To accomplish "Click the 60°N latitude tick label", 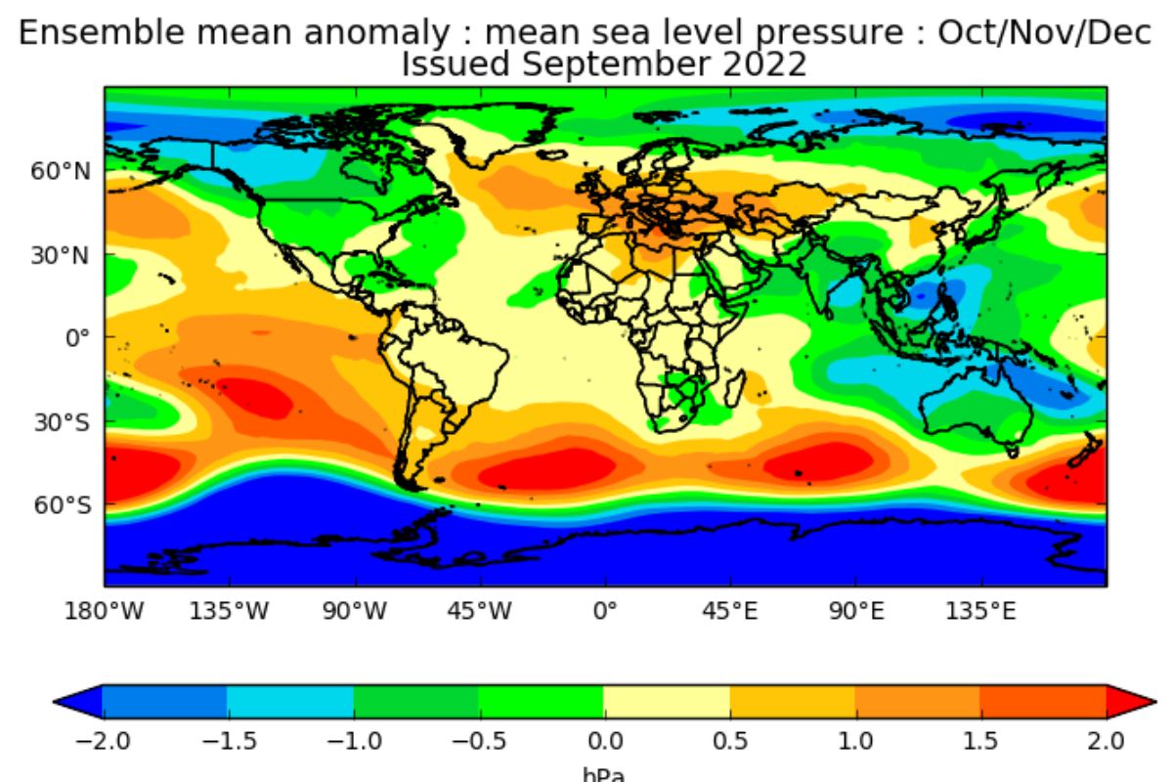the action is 61,171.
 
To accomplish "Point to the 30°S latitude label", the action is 63,422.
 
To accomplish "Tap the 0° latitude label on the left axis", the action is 77,338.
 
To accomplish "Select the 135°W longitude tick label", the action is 229,611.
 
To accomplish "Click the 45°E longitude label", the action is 730,611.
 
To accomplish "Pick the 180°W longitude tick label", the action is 104,611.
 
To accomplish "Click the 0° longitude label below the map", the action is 605,611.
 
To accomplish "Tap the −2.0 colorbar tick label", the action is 103,741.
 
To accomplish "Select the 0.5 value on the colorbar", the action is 730,741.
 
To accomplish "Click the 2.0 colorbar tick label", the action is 1106,741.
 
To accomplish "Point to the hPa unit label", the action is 604,774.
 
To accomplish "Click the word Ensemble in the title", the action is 102,32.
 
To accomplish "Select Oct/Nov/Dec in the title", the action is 1044,32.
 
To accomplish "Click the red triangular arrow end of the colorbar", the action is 1131,701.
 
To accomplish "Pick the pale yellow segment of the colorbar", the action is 667,702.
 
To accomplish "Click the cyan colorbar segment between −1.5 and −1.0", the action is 290,702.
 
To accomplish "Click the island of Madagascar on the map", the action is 735,389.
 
